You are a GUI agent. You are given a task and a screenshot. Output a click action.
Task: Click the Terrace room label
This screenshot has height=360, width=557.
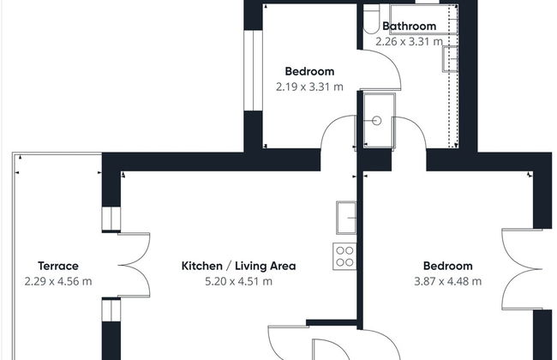click(58, 266)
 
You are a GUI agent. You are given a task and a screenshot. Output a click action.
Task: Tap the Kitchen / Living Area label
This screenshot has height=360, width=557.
click(238, 266)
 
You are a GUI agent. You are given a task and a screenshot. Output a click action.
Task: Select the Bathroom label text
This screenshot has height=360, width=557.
click(410, 26)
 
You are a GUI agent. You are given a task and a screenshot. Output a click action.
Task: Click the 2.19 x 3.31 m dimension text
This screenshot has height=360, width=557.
click(309, 87)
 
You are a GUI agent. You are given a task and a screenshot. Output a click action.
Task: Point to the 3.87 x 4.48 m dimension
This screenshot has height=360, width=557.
click(447, 281)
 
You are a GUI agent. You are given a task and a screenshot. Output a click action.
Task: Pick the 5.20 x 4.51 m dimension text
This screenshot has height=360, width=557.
click(238, 281)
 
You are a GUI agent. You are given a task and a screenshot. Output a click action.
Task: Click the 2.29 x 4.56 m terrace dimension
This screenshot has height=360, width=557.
click(58, 281)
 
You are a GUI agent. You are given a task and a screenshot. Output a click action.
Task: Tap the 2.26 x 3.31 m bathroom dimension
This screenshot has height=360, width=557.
click(410, 42)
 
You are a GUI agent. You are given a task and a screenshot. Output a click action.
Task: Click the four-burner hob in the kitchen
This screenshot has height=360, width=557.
click(344, 256)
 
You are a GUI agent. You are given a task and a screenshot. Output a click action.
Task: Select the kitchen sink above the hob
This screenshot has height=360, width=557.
click(346, 218)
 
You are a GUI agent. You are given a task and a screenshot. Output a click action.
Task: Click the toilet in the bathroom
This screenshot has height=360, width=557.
click(372, 19)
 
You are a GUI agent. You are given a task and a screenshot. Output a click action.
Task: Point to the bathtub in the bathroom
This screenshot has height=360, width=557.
click(423, 19)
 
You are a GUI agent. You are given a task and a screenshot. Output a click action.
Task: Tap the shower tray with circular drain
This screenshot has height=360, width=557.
click(380, 121)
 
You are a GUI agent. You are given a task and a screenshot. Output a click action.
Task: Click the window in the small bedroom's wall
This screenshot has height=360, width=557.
click(253, 70)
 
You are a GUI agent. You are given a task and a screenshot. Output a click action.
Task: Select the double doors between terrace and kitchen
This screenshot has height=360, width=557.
click(134, 265)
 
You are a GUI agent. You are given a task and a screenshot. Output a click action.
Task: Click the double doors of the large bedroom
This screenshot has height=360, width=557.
click(522, 269)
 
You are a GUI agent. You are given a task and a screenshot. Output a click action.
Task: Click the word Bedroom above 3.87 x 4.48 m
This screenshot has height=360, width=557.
click(447, 266)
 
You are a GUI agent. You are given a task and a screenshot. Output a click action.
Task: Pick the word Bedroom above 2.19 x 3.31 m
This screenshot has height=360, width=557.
click(309, 71)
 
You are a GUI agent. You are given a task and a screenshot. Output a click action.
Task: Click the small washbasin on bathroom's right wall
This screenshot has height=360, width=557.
click(450, 59)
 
